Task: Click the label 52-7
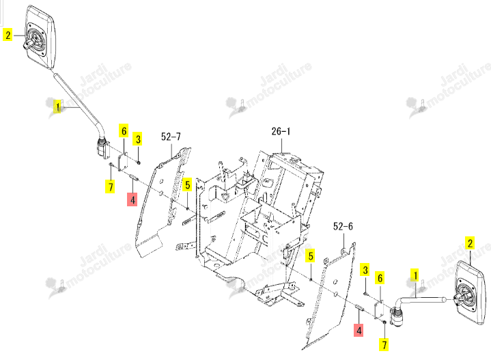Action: [171, 137]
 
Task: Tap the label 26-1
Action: [281, 131]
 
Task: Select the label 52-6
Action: [343, 226]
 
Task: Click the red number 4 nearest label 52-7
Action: [132, 199]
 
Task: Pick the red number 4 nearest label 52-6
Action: [359, 330]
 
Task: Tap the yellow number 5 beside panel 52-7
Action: [187, 185]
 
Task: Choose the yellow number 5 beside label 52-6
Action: [310, 256]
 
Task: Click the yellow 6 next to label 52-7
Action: [124, 130]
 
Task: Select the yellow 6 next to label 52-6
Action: [380, 278]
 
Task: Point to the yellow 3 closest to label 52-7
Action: [138, 139]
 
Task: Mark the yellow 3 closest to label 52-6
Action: [365, 270]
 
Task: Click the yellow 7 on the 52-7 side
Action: [110, 186]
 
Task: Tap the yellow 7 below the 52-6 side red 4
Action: [384, 344]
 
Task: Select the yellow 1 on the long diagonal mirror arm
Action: [57, 107]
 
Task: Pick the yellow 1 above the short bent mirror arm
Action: [415, 275]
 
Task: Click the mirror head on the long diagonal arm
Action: [40, 37]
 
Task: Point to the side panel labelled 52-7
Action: [163, 201]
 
